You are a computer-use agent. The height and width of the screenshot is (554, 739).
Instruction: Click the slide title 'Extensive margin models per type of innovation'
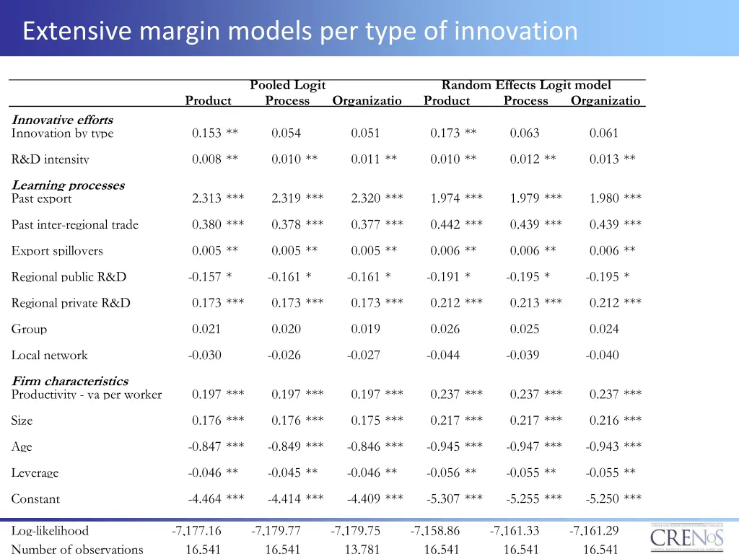click(x=299, y=31)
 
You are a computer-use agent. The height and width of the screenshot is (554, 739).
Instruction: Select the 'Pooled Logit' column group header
click(x=287, y=86)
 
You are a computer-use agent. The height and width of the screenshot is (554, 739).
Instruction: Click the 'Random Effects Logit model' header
click(x=525, y=86)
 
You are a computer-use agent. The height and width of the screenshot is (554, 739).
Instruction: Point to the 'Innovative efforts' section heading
click(x=62, y=120)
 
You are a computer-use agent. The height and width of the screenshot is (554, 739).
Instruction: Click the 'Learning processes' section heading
click(x=68, y=185)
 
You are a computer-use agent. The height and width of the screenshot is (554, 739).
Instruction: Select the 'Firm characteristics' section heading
click(x=69, y=381)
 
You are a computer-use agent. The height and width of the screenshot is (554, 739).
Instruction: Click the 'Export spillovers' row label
click(x=57, y=251)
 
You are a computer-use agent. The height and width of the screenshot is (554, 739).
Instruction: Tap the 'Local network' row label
click(x=49, y=356)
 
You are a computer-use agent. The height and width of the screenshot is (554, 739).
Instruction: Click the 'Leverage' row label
click(x=35, y=473)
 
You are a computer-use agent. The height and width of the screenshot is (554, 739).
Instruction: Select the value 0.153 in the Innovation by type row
click(x=206, y=133)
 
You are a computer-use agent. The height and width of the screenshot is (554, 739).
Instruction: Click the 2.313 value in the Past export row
click(x=206, y=198)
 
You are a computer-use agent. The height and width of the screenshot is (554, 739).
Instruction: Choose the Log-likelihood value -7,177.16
click(x=196, y=532)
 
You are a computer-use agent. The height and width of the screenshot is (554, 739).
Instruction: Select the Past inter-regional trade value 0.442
click(x=445, y=225)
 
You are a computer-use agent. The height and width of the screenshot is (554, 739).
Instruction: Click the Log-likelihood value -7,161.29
click(x=593, y=532)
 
